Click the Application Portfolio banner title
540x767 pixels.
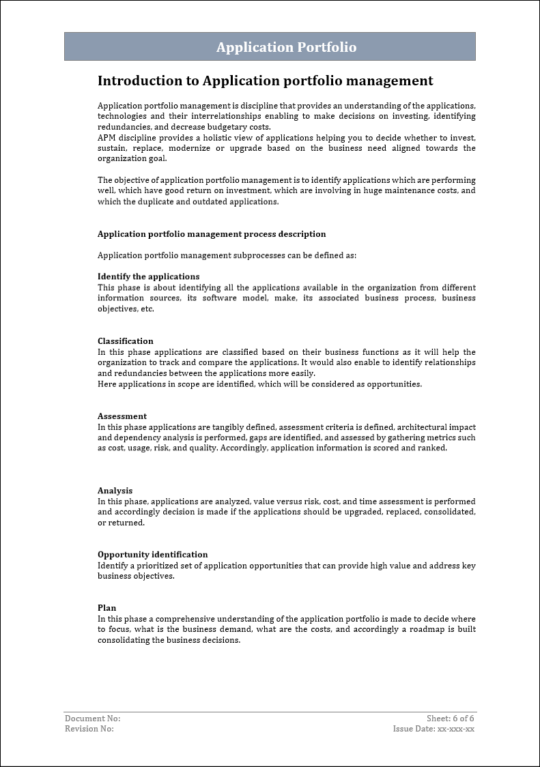[x=286, y=47]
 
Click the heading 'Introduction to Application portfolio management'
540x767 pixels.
[x=265, y=81]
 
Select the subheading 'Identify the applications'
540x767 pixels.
[x=148, y=276]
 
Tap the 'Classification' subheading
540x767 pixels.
[x=126, y=341]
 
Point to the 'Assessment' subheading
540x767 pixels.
[x=122, y=416]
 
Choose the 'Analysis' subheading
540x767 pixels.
[x=115, y=491]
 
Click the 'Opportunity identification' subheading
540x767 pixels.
[x=152, y=555]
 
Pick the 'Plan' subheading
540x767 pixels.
[x=106, y=608]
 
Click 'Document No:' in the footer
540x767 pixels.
[x=92, y=719]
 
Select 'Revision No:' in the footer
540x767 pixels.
[x=89, y=729]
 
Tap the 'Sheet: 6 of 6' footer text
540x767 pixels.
[x=450, y=719]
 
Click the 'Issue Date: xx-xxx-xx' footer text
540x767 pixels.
[x=434, y=729]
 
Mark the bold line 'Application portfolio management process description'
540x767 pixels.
[x=212, y=234]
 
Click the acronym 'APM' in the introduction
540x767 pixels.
[x=108, y=138]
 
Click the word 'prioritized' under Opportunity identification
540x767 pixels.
[x=149, y=566]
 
